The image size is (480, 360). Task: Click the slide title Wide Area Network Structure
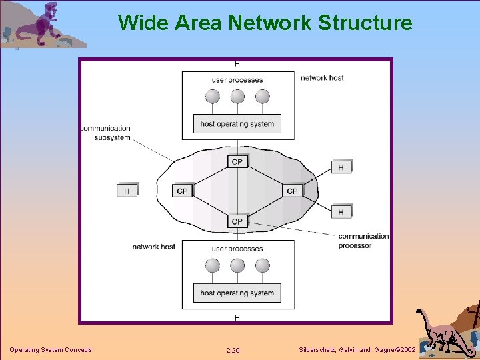click(265, 23)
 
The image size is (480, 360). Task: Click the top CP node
click(237, 161)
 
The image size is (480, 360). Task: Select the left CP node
click(183, 191)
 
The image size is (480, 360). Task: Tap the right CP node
click(292, 191)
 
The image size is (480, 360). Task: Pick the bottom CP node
click(237, 221)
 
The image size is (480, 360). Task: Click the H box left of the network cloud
click(127, 191)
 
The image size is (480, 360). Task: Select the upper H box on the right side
click(341, 167)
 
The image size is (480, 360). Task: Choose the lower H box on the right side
click(341, 211)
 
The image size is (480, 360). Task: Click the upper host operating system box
click(237, 123)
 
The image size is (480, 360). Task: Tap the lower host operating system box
click(237, 293)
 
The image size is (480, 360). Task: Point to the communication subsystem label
click(105, 133)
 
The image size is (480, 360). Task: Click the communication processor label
click(363, 241)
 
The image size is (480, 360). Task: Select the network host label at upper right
click(322, 78)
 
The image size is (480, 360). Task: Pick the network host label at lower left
click(153, 247)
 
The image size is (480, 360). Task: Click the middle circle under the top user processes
click(237, 97)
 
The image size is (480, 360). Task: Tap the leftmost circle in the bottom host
click(213, 265)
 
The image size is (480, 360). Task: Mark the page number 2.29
click(233, 350)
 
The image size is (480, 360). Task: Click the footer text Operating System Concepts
click(51, 350)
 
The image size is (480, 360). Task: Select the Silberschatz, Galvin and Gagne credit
click(358, 350)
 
